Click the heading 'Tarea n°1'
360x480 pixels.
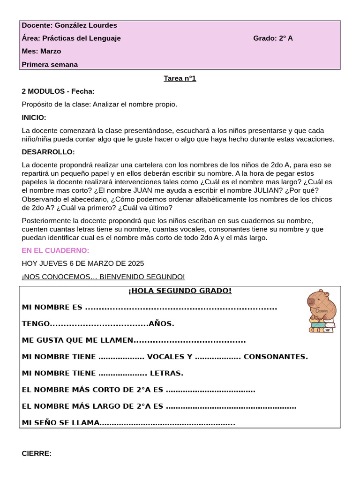tap(180, 78)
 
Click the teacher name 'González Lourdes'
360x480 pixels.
tap(86, 25)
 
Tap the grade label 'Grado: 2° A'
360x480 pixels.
tap(273, 38)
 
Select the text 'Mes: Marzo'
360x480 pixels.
tap(41, 51)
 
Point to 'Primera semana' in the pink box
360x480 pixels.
tap(50, 65)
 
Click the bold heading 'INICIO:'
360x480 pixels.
tap(34, 118)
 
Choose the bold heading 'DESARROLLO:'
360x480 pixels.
tap(48, 152)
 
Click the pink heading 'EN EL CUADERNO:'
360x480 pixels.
tap(55, 250)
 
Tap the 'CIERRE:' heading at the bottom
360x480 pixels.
tap(37, 453)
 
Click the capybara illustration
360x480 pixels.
tap(322, 304)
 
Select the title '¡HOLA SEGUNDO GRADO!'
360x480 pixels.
tap(180, 291)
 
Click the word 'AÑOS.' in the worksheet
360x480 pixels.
tap(162, 324)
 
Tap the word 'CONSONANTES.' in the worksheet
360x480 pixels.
tap(276, 357)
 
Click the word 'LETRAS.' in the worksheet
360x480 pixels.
tap(166, 374)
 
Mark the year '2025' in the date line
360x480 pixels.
tap(135, 263)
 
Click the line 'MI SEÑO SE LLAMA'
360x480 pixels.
tap(61, 423)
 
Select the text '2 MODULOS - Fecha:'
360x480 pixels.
tap(58, 91)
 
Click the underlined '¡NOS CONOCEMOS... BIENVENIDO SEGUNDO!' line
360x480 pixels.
tap(103, 277)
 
